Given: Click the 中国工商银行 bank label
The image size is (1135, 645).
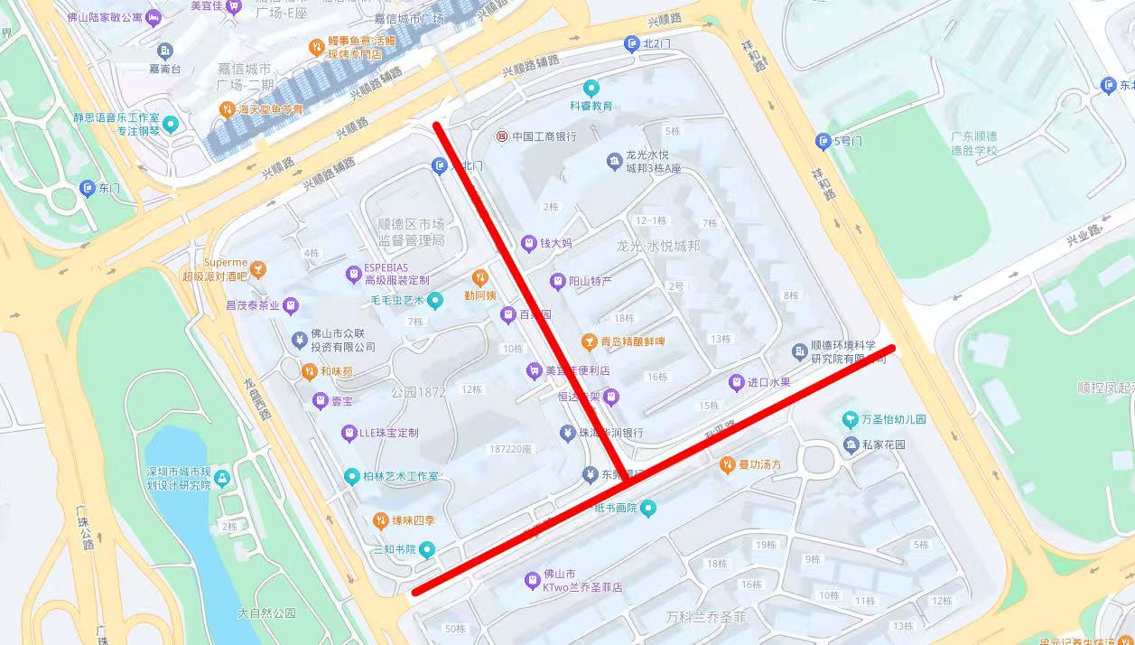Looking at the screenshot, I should click(x=544, y=136).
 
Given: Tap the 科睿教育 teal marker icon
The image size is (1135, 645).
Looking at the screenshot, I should click(x=591, y=89).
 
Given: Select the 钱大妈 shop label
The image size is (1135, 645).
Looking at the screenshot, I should click(x=556, y=243).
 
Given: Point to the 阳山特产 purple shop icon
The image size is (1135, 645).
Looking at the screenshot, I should click(x=558, y=282).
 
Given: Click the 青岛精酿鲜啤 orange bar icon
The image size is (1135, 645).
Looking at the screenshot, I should click(x=589, y=341).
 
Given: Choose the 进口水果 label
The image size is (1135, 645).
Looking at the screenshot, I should click(x=768, y=383).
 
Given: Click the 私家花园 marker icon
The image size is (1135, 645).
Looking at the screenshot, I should click(x=851, y=445).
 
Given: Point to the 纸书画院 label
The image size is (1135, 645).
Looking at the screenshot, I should click(x=614, y=509).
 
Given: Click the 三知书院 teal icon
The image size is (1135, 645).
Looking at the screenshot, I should click(x=428, y=549).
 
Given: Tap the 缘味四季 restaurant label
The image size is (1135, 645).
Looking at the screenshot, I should click(x=414, y=521).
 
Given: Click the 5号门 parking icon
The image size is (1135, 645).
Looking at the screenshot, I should click(x=823, y=141).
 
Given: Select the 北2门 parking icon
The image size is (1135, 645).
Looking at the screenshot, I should click(x=631, y=44).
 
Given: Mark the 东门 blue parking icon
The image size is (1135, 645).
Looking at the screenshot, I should click(x=87, y=188).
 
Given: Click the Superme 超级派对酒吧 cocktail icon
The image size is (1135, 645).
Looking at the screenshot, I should click(x=258, y=269).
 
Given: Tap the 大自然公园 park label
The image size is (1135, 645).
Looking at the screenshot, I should click(x=266, y=613).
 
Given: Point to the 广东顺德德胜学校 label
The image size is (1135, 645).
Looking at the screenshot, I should click(x=973, y=144).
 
